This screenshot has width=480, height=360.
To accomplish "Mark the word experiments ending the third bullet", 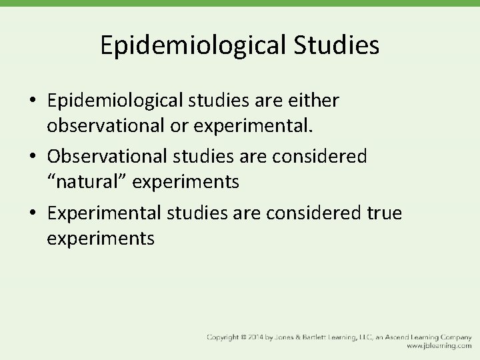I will (x=101, y=237).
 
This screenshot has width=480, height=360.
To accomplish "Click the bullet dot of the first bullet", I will (x=33, y=101).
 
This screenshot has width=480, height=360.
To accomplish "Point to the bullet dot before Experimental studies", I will (x=33, y=214).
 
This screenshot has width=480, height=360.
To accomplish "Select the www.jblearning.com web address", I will (x=440, y=347).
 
